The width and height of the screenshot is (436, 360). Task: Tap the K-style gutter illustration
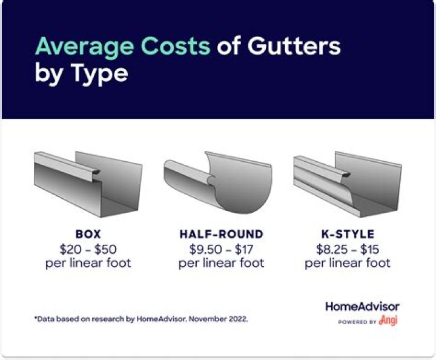click(x=346, y=185)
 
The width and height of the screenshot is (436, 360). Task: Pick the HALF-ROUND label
click(x=222, y=234)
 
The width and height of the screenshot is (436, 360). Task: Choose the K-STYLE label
click(x=348, y=234)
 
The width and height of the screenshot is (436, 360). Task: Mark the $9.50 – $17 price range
click(x=222, y=248)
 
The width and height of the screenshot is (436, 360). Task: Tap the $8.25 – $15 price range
click(x=348, y=248)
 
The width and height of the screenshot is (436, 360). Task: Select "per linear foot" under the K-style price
click(x=348, y=263)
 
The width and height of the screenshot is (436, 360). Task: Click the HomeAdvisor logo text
click(x=362, y=307)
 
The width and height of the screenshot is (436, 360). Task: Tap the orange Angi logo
click(x=388, y=321)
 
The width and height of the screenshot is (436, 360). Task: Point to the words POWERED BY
click(x=357, y=322)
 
